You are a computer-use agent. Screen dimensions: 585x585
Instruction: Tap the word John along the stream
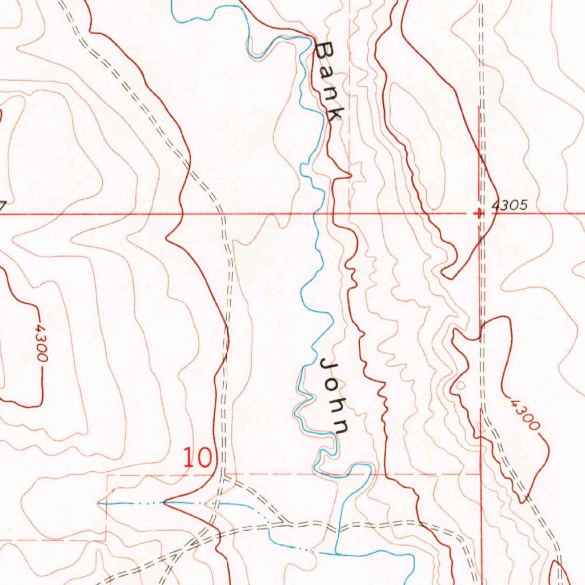tap(335, 396)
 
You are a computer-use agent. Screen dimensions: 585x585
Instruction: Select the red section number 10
tap(198, 458)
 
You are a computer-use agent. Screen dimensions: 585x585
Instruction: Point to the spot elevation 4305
tap(508, 206)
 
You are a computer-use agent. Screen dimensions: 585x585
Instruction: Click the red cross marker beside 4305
tap(479, 213)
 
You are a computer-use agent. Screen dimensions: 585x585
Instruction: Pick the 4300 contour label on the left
tap(40, 343)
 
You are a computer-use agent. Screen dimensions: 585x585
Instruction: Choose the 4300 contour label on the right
tap(525, 415)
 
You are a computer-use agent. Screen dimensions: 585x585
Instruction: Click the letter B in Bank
tap(324, 51)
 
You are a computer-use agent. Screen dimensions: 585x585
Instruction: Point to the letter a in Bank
tap(327, 73)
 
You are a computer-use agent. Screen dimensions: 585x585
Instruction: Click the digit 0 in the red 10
tap(205, 458)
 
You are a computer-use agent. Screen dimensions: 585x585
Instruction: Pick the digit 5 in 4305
tap(522, 206)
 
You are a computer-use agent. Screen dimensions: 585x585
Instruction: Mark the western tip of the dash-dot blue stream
tap(99, 503)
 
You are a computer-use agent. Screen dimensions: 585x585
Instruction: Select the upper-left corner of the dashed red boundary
tap(107, 474)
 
